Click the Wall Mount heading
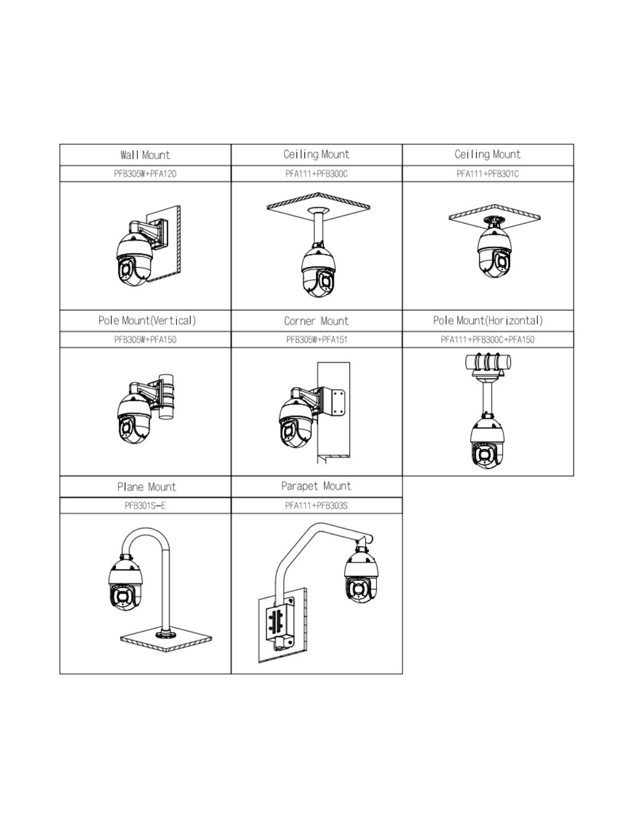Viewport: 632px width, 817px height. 145,155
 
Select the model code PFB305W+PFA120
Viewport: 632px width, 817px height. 145,174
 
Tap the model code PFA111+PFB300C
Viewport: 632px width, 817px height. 316,174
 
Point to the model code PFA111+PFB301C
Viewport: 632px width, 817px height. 488,174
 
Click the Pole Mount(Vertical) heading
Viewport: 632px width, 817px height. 147,321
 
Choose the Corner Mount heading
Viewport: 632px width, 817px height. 316,321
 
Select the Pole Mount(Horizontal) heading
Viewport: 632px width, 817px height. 488,321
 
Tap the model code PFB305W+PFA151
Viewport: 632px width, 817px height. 317,340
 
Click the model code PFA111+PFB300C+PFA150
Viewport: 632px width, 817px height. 487,340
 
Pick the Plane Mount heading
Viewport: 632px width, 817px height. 147,487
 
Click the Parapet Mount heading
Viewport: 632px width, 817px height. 316,486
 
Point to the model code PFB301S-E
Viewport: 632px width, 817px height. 145,506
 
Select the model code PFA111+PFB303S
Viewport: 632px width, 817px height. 316,506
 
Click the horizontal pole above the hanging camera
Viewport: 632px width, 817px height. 488,363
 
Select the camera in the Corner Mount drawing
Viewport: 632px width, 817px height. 296,422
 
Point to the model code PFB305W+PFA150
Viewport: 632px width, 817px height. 145,340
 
